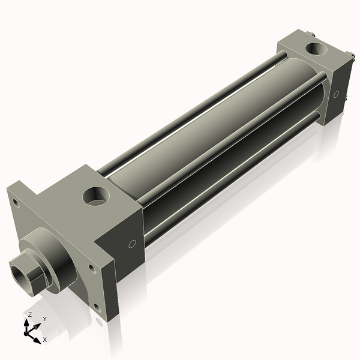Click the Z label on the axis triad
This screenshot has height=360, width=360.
click(30, 314)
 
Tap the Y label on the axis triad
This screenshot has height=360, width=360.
click(44, 319)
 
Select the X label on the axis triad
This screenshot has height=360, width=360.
click(45, 339)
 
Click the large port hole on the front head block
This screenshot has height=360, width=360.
click(95, 194)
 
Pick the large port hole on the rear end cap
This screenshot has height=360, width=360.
click(314, 47)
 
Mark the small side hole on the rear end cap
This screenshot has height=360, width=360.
click(337, 94)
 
